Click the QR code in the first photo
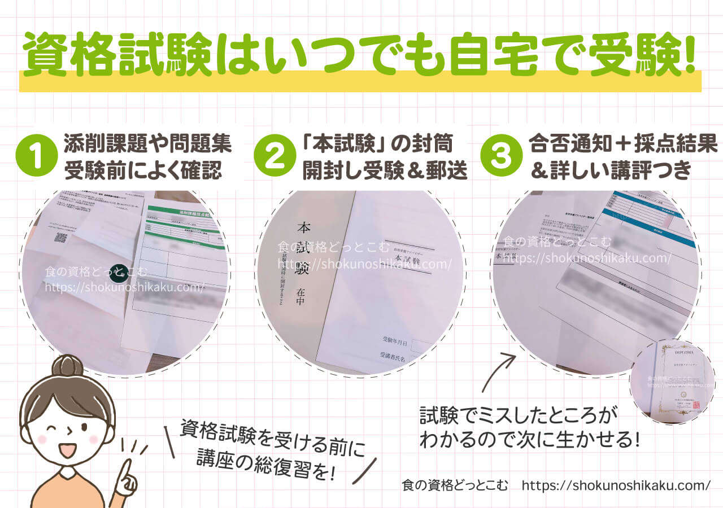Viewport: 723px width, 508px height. pyautogui.click(x=60, y=237)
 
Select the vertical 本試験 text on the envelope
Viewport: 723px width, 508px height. pyautogui.click(x=303, y=248)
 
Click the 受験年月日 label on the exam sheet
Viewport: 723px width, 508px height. pyautogui.click(x=395, y=340)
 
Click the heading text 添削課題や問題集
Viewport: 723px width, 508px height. pyautogui.click(x=147, y=144)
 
